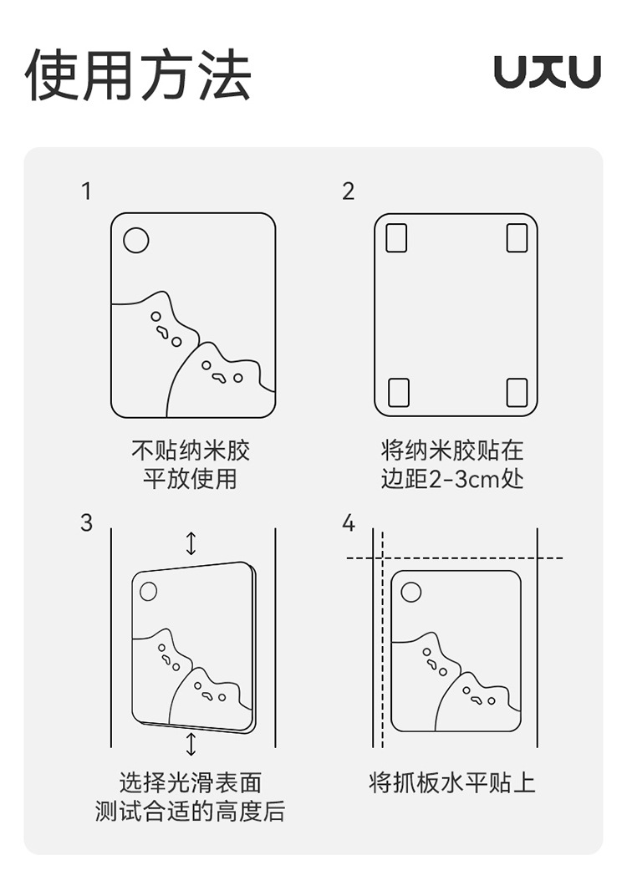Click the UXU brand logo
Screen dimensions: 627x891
[547, 72]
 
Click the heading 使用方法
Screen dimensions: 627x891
[138, 75]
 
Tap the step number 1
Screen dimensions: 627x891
[86, 191]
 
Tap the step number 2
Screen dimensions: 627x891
[349, 191]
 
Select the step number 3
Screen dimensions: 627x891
[86, 522]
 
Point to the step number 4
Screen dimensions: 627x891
[349, 522]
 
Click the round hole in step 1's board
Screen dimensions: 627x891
[136, 240]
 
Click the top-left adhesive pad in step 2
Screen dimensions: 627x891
[396, 237]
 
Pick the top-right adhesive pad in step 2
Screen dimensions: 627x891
[517, 237]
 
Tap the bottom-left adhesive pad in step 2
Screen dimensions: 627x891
[399, 393]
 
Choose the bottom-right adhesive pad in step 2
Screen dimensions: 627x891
[517, 393]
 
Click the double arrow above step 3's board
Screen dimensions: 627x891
[191, 543]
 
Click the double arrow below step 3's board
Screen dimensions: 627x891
[191, 744]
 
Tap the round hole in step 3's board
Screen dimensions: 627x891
[148, 591]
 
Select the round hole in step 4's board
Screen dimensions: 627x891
[411, 592]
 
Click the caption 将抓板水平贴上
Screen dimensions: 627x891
[452, 782]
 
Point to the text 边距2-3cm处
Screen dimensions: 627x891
[452, 479]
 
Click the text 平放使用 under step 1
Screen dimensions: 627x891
[190, 478]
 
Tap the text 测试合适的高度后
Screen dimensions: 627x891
[190, 811]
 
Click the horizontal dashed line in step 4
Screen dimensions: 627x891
[455, 558]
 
